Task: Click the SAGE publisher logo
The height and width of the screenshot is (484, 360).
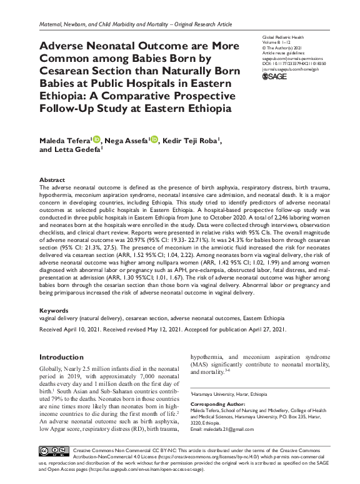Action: pos(274,76)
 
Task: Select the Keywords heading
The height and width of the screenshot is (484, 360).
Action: pos(54,311)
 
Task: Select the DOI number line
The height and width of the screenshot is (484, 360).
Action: pos(294,63)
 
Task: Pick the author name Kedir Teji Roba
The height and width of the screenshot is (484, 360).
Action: pos(190,141)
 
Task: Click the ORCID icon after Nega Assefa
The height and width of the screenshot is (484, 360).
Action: pos(155,140)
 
